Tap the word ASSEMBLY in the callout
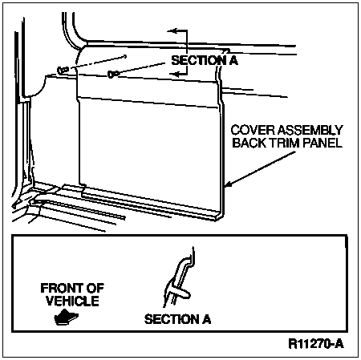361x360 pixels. tap(310, 130)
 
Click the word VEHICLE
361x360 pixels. tap(72, 301)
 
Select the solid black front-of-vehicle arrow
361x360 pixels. tap(66, 318)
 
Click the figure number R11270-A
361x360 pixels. tap(316, 344)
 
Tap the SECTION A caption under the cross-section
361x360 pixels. tap(177, 319)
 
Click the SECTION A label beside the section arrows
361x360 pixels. tap(205, 60)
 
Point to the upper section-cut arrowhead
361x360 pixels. tap(172, 30)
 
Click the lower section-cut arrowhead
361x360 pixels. tap(174, 74)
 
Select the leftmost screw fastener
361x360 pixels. tap(63, 70)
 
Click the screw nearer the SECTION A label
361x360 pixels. tap(112, 74)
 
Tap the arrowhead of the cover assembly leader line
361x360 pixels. tap(228, 184)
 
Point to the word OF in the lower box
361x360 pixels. tap(94, 288)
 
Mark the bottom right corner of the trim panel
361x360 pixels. tap(223, 216)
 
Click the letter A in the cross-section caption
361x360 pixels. tap(206, 319)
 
